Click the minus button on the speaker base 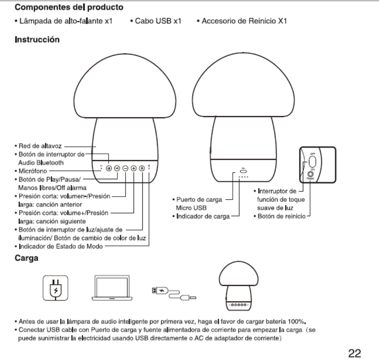(x=125, y=168)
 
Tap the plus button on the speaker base (x=134, y=168)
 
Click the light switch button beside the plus (x=142, y=168)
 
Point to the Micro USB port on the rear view (x=243, y=171)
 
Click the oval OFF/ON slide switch (x=312, y=161)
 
